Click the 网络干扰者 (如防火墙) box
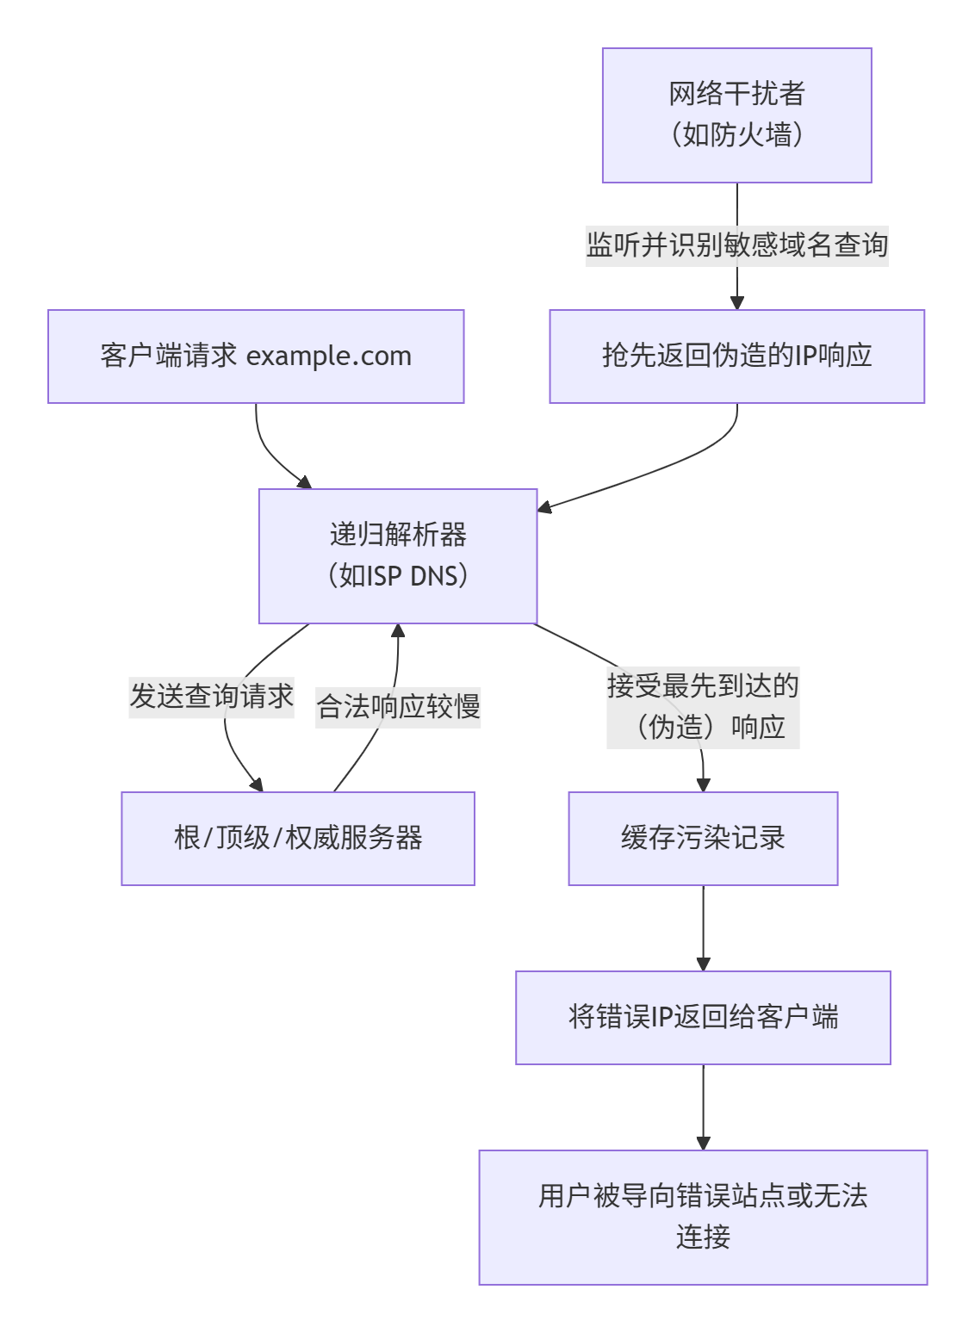(x=736, y=115)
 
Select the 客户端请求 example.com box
(x=256, y=356)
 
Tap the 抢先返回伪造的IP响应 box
(x=736, y=356)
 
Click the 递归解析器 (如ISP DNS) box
(x=398, y=556)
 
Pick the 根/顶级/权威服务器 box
(x=298, y=839)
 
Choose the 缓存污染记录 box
(x=703, y=839)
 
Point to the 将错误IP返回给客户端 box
(x=703, y=1018)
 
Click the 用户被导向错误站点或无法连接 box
(x=703, y=1217)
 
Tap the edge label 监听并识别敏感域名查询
(x=736, y=245)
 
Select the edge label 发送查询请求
(x=212, y=697)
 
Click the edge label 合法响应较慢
(x=398, y=707)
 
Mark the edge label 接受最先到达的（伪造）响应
(x=703, y=707)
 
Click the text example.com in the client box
(x=329, y=356)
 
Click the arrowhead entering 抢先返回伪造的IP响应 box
(x=736, y=302)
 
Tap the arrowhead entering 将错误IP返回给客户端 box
(x=703, y=964)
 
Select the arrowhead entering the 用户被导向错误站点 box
(x=703, y=1143)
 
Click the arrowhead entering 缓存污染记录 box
(x=703, y=784)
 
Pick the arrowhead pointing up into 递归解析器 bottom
(x=398, y=631)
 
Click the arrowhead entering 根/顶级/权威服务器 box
(x=256, y=784)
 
